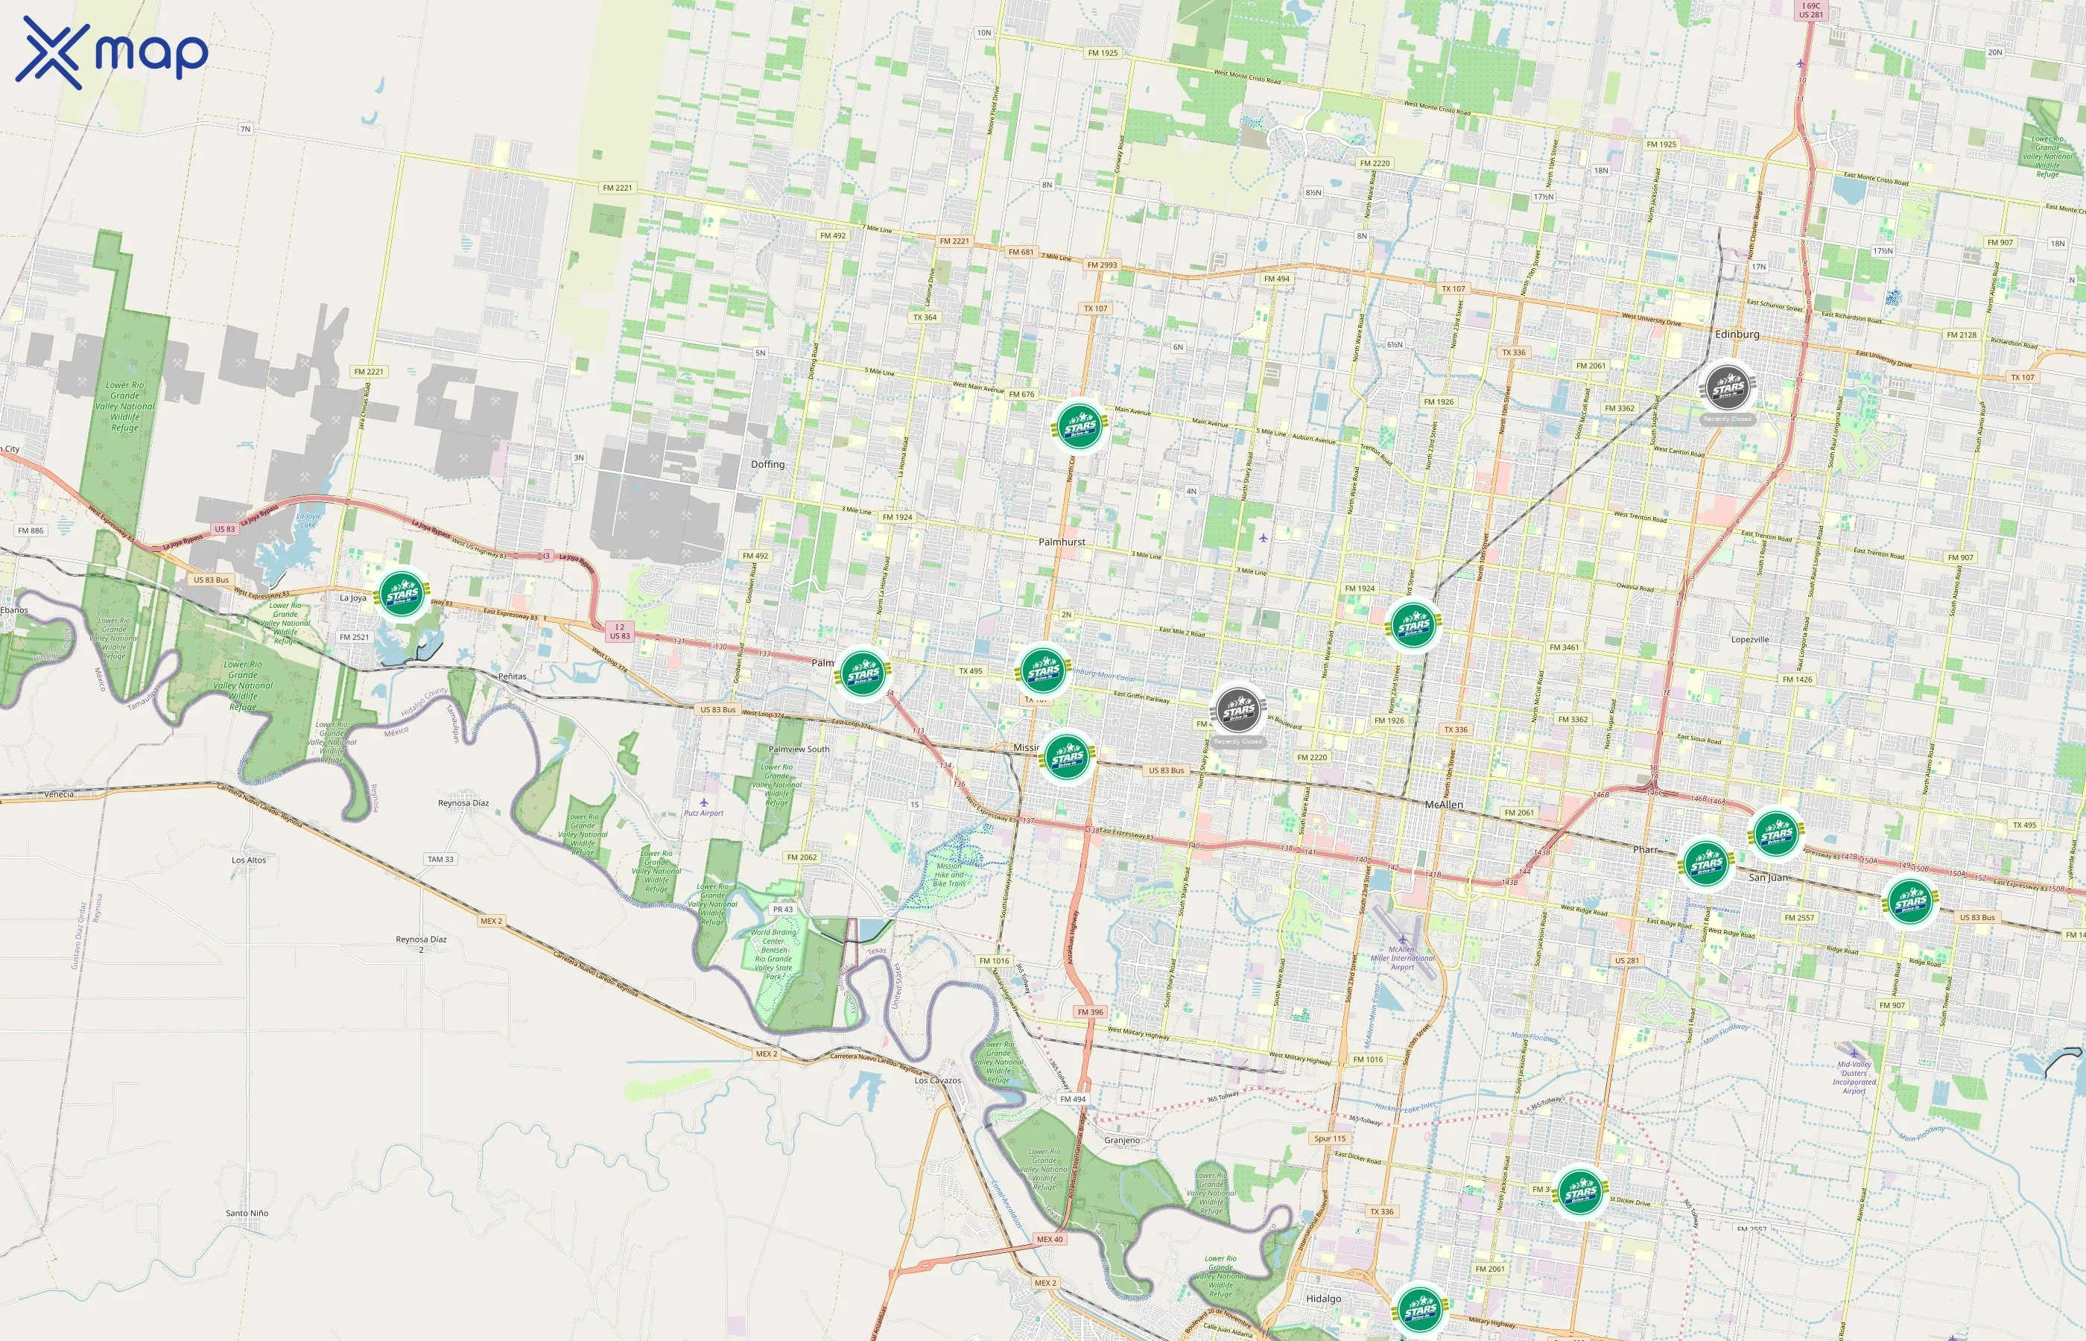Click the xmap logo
(x=112, y=52)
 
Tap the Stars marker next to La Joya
(x=402, y=595)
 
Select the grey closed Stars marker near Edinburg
(x=1728, y=387)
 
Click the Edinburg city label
(x=1736, y=335)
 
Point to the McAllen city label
(x=1444, y=805)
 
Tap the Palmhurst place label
(x=1062, y=542)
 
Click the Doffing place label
(x=767, y=464)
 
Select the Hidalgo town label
(x=1323, y=1299)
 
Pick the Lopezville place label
(x=1750, y=639)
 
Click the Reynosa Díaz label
(x=463, y=803)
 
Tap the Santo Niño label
(x=247, y=1213)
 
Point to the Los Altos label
(x=249, y=860)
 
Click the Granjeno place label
(x=1121, y=1140)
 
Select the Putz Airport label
(x=703, y=814)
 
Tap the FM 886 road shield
(x=31, y=530)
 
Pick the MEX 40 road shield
(x=1049, y=1239)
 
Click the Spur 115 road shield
(x=1329, y=1138)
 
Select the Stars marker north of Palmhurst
(x=1080, y=426)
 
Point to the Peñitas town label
(x=512, y=676)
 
